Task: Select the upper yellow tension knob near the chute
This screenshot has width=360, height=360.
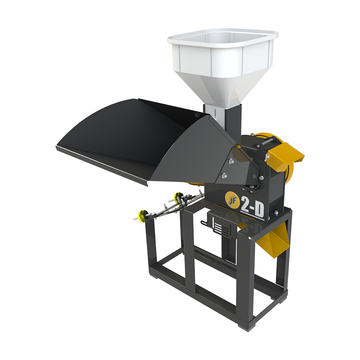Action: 178,197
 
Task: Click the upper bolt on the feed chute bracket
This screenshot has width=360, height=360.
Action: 231,161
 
